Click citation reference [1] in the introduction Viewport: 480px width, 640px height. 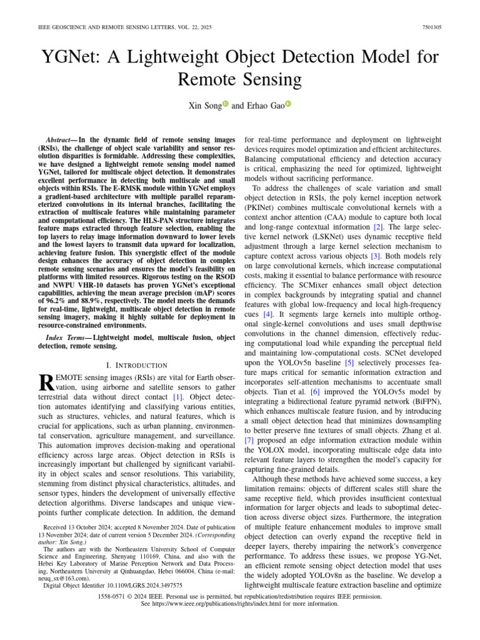pyautogui.click(x=178, y=396)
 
